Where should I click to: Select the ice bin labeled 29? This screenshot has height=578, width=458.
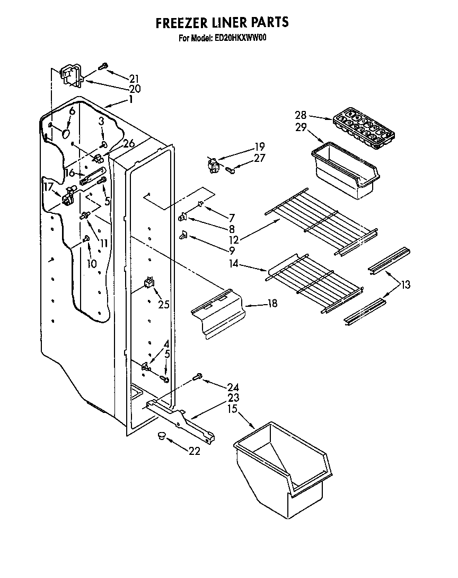345,169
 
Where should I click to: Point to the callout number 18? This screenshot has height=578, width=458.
272,304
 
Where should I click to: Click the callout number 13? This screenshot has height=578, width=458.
406,286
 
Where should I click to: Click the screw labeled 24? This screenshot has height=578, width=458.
198,377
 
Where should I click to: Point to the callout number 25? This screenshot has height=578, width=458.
163,304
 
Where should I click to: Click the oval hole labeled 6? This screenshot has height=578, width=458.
66,131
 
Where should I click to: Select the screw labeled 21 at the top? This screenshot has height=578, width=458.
103,66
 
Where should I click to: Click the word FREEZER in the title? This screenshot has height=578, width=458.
180,22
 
